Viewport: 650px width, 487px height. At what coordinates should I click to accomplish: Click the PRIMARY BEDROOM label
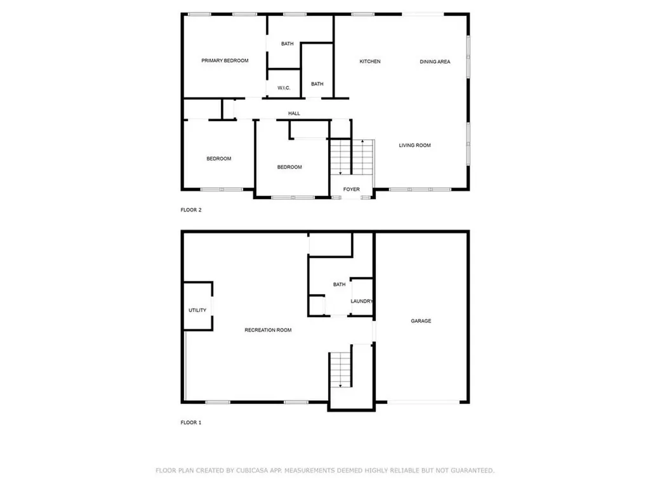(x=225, y=61)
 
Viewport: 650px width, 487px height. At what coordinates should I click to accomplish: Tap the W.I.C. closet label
(x=284, y=88)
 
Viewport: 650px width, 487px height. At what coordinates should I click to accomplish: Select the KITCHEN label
(x=370, y=62)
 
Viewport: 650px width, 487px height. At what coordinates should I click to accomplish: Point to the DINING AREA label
(x=435, y=62)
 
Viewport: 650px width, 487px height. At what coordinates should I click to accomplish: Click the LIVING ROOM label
(x=415, y=145)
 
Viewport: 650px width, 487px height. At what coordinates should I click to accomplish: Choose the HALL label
(x=294, y=114)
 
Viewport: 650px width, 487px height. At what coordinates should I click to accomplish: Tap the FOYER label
(x=351, y=190)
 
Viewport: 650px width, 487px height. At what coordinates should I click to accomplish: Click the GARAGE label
(x=421, y=321)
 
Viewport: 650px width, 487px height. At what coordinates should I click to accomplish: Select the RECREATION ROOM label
(x=269, y=330)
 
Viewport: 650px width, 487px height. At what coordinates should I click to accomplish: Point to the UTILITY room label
(x=197, y=310)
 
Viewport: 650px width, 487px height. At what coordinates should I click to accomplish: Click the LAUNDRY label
(x=361, y=301)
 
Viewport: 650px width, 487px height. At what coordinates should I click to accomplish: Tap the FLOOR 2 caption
(x=191, y=210)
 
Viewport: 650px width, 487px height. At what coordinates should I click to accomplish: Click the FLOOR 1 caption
(x=191, y=422)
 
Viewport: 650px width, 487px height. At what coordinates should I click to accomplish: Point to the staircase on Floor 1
(x=340, y=370)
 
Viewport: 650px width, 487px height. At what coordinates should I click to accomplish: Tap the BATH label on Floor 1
(x=340, y=285)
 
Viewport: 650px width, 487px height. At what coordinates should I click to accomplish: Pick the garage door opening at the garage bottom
(x=423, y=401)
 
